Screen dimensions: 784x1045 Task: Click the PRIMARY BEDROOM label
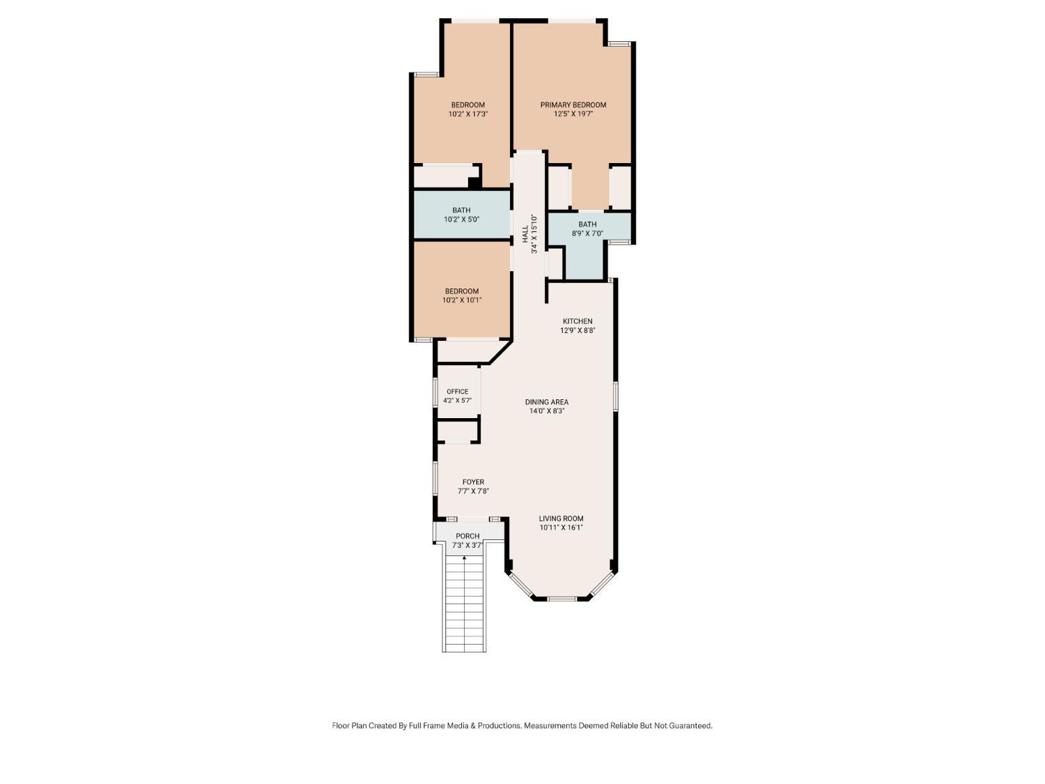[x=573, y=105]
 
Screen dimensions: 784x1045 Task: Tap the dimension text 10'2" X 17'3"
[x=467, y=114]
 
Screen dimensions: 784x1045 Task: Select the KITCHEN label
[x=578, y=321]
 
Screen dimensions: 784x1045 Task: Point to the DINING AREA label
[x=546, y=402]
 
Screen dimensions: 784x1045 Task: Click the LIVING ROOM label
[x=561, y=518]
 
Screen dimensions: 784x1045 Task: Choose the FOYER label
[x=473, y=482]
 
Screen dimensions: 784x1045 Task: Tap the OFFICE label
[x=457, y=392]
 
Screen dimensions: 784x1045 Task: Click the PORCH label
[x=467, y=536]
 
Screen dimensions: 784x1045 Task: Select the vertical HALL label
[x=525, y=234]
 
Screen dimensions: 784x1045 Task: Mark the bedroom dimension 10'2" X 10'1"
[x=462, y=300]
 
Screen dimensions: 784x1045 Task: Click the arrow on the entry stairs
[x=465, y=558]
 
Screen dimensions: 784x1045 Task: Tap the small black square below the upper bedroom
[x=474, y=183]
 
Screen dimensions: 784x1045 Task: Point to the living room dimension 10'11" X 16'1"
[x=561, y=528]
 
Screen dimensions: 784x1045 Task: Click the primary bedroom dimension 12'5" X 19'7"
[x=573, y=114]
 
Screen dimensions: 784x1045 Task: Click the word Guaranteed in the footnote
[x=690, y=725]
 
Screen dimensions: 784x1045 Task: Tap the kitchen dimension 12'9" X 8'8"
[x=578, y=330]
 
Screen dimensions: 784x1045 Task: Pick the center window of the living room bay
[x=562, y=598]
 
